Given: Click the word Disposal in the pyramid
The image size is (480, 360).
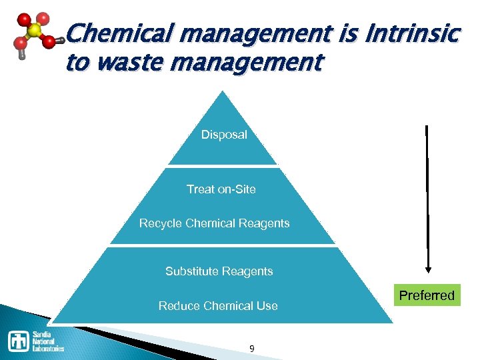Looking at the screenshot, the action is point(224,135).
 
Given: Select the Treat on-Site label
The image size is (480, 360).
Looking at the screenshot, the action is point(221,189).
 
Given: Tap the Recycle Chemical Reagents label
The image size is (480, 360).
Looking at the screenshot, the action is point(214,223).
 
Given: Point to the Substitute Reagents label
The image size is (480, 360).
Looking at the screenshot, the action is point(219,271).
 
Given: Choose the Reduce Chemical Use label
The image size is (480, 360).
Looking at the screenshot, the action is point(218,306).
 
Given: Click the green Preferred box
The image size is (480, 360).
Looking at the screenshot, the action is point(426,295).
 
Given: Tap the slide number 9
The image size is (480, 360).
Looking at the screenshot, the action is point(251,349).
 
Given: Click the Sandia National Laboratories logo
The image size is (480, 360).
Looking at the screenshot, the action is point(36,340).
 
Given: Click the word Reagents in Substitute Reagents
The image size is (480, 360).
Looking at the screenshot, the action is point(247,271).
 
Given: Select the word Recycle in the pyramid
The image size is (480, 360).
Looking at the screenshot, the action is point(160,223).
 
